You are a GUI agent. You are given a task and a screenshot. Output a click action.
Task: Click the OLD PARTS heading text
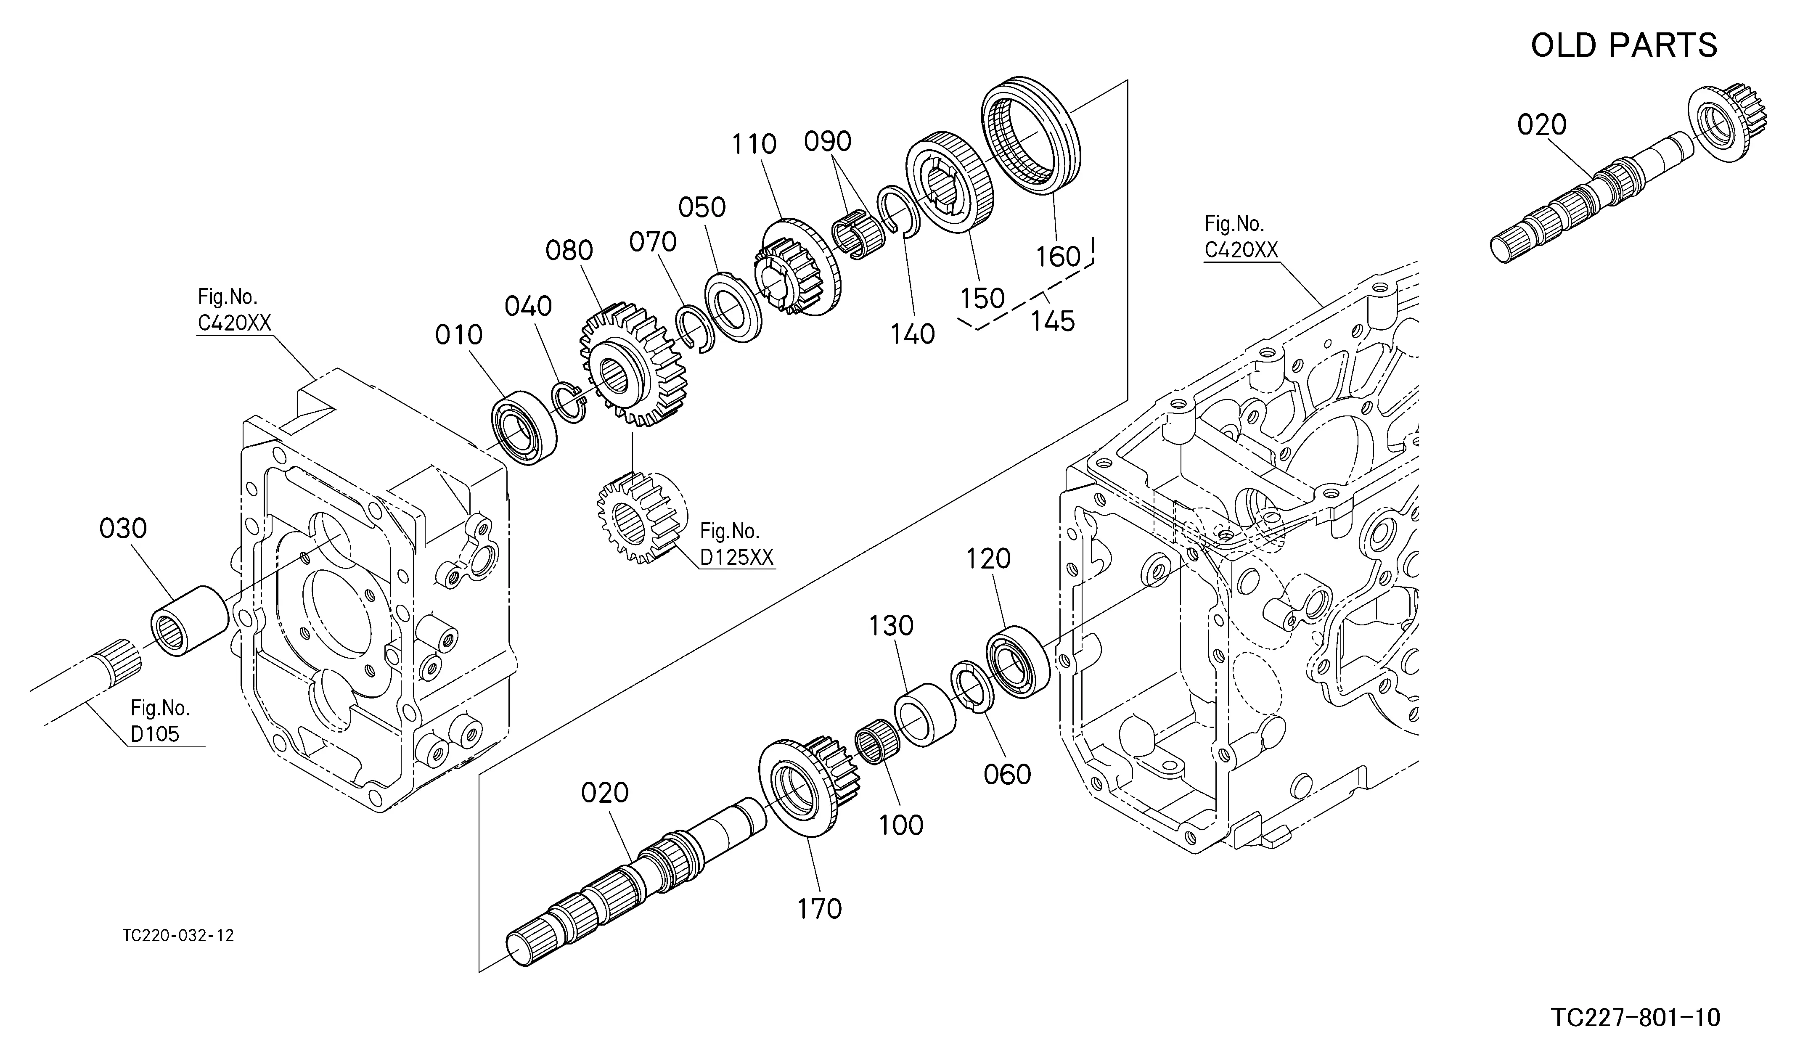click(1624, 45)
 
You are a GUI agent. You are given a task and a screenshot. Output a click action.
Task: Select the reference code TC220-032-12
click(178, 935)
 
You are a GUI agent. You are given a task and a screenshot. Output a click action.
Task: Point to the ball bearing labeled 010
click(525, 428)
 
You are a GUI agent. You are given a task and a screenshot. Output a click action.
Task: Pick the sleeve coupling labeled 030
click(190, 620)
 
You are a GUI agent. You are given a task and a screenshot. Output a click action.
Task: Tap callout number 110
click(754, 144)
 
